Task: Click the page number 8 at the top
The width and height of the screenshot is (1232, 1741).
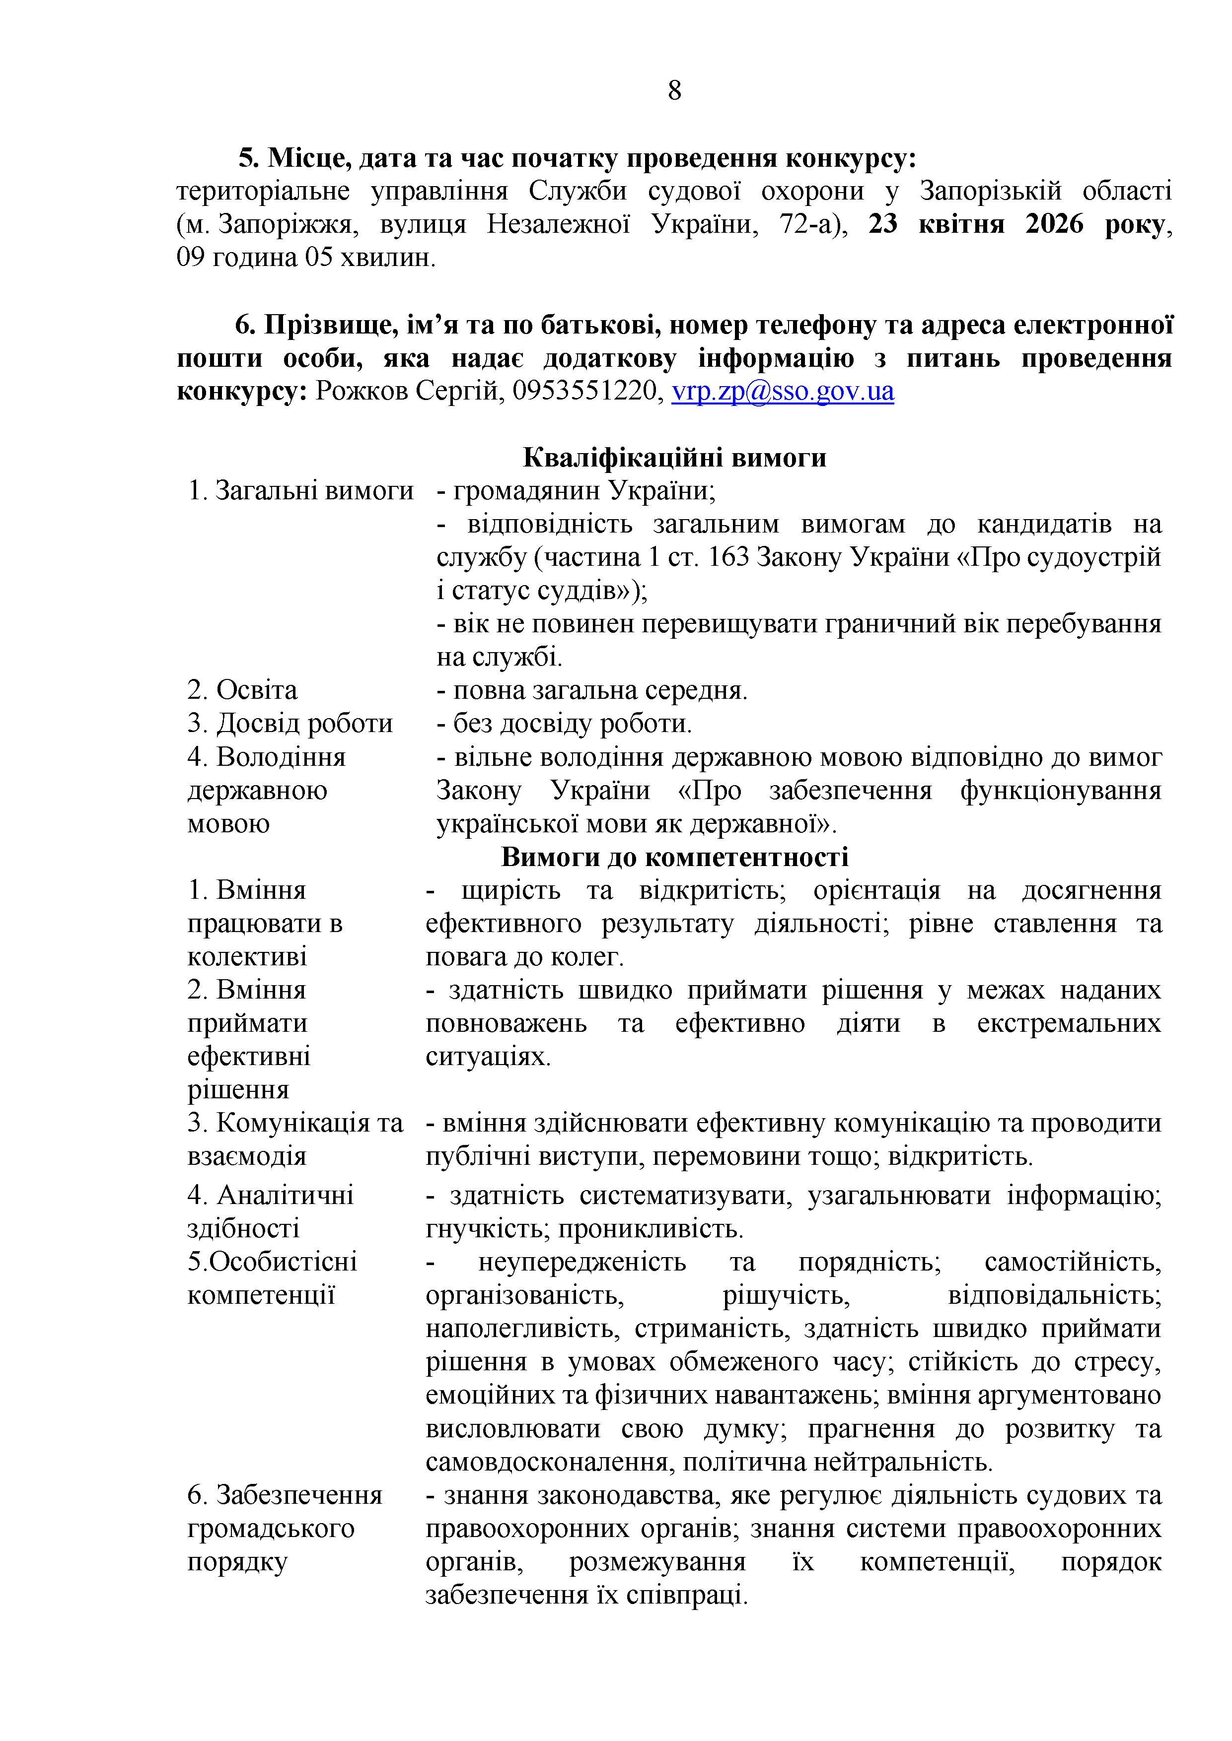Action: pos(674,91)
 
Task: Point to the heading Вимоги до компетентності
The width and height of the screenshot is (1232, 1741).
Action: pos(674,856)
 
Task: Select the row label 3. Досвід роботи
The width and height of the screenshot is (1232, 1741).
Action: pos(290,724)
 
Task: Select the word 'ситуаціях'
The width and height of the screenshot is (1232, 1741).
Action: pos(487,1056)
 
